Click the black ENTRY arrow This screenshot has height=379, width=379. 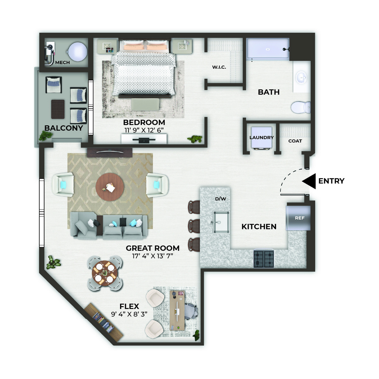309,181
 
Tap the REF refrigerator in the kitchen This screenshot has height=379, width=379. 299,218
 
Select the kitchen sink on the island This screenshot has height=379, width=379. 221,222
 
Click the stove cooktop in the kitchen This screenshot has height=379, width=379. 264,259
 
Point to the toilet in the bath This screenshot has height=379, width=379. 301,107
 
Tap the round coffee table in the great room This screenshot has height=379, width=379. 110,187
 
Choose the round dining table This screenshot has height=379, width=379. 105,273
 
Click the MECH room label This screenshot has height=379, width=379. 63,63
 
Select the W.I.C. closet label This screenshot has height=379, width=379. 219,67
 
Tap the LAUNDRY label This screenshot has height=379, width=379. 262,137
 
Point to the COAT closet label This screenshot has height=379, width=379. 295,141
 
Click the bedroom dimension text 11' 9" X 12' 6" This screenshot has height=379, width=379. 144,130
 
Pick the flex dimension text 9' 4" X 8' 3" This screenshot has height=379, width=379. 129,314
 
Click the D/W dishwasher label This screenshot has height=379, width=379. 221,199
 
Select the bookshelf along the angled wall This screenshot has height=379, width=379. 104,322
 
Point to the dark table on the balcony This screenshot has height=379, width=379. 58,109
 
